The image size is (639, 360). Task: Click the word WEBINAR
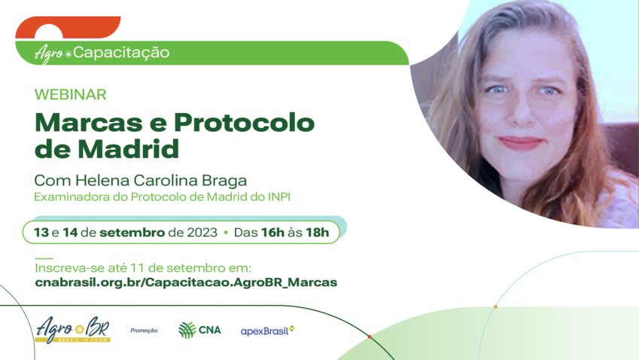tap(70, 95)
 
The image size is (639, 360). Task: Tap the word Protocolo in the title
tap(246, 123)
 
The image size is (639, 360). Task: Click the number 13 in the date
tap(41, 232)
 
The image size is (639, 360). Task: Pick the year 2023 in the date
tap(202, 232)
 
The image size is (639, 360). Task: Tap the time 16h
tap(272, 232)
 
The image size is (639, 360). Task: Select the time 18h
tap(316, 232)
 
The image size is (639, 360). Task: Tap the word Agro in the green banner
tap(49, 53)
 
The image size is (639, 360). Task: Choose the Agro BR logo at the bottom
tap(72, 329)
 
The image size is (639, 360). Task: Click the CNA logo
tap(199, 330)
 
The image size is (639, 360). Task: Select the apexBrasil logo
tap(266, 331)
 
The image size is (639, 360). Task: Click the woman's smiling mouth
tap(520, 142)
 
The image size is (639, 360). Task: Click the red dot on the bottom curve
tap(370, 337)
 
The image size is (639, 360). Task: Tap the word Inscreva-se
tap(65, 268)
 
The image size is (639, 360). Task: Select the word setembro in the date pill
tap(132, 232)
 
